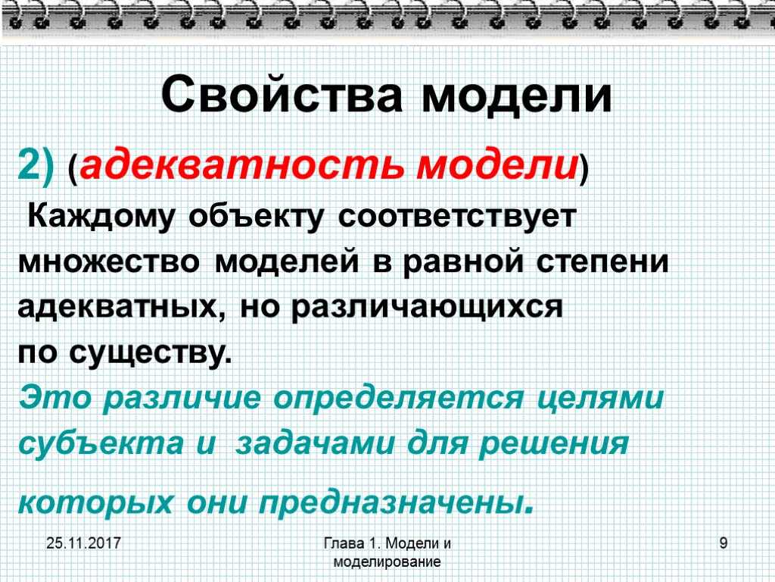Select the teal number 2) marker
(x=36, y=164)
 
